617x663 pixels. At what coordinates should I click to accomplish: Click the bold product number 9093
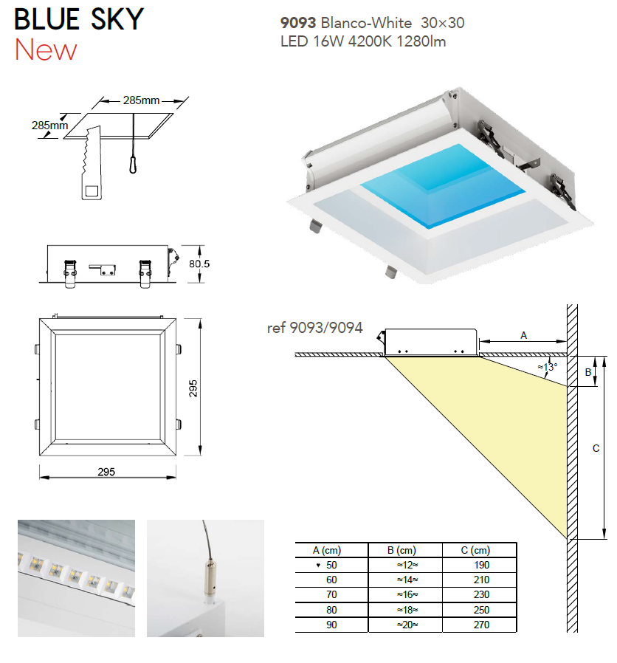pyautogui.click(x=298, y=23)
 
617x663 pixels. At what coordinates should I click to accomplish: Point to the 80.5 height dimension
pyautogui.click(x=199, y=264)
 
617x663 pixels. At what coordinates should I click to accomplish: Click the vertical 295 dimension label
pyautogui.click(x=193, y=388)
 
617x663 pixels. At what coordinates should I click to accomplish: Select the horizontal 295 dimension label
pyautogui.click(x=106, y=472)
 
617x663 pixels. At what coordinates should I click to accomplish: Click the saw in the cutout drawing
pyautogui.click(x=92, y=162)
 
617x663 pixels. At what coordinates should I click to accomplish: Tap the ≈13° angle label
pyautogui.click(x=548, y=367)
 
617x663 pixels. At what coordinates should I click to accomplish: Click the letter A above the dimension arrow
pyautogui.click(x=523, y=335)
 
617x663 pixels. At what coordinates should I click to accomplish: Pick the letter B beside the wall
pyautogui.click(x=587, y=373)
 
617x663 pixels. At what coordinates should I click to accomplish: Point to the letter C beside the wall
pyautogui.click(x=596, y=448)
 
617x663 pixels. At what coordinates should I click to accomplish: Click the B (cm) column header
pyautogui.click(x=401, y=550)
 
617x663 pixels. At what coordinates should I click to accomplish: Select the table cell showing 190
pyautogui.click(x=481, y=565)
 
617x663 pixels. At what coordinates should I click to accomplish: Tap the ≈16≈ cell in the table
pyautogui.click(x=407, y=594)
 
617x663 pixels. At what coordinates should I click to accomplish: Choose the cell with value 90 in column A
pyautogui.click(x=331, y=625)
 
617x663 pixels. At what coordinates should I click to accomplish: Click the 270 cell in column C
pyautogui.click(x=481, y=625)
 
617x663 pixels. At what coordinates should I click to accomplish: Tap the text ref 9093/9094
pyautogui.click(x=315, y=328)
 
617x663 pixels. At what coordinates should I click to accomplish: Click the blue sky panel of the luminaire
pyautogui.click(x=444, y=186)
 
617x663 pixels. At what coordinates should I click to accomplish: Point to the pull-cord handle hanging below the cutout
pyautogui.click(x=133, y=164)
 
